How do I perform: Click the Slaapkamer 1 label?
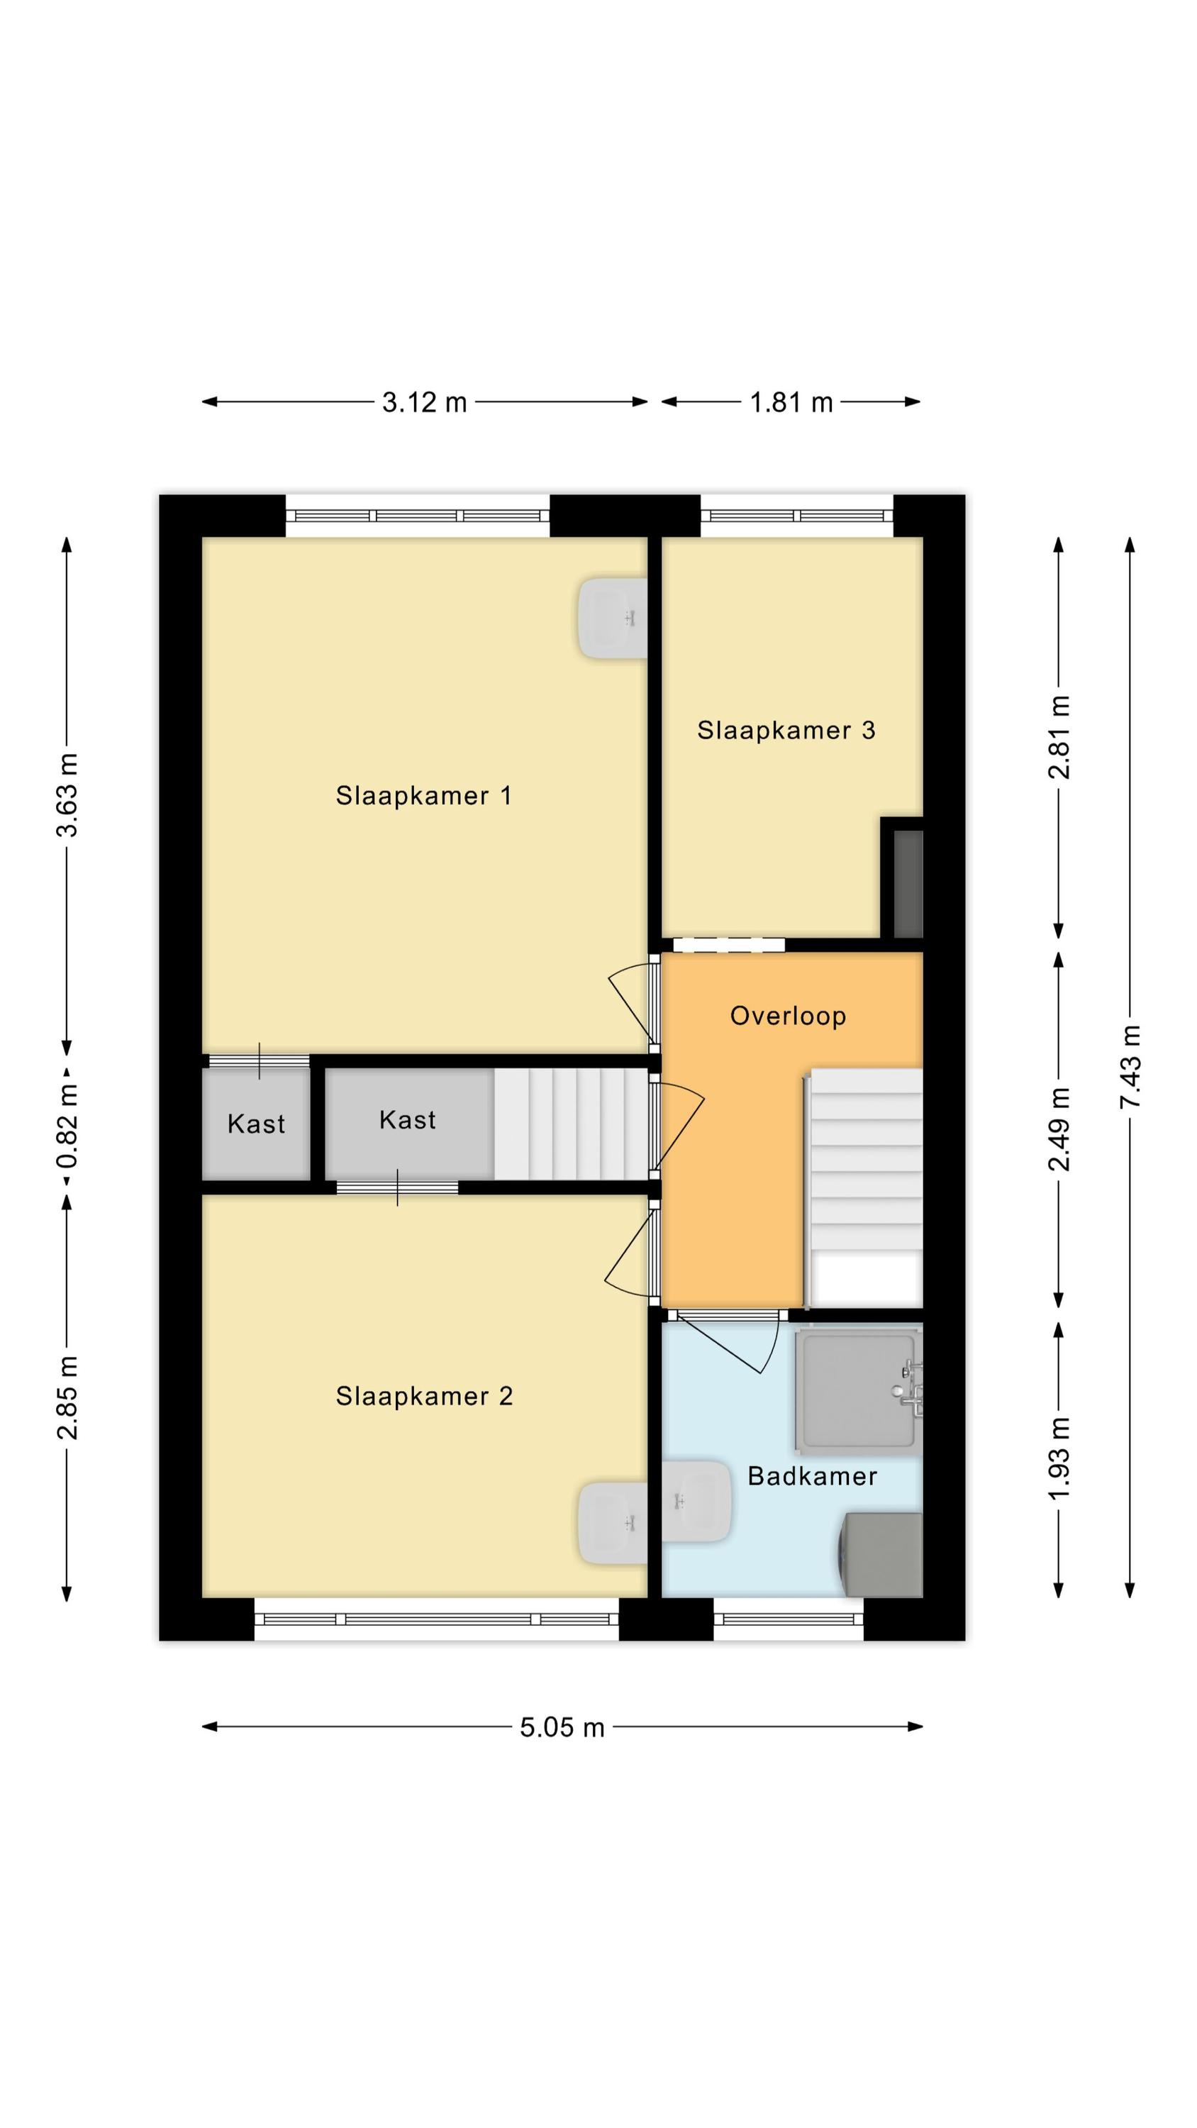[x=423, y=796]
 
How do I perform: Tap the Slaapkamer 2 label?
[x=424, y=1396]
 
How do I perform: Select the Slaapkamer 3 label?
[x=786, y=731]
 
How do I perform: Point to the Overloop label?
[x=788, y=1015]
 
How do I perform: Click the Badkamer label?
[x=812, y=1476]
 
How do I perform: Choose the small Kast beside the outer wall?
[x=256, y=1124]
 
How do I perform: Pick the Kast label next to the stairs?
[x=407, y=1119]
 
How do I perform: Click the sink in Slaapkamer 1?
[x=612, y=618]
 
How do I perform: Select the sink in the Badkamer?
[x=697, y=1501]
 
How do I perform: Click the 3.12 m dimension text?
[x=425, y=402]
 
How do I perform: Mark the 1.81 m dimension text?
[x=791, y=402]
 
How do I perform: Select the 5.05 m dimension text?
[x=562, y=1727]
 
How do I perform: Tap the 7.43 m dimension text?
[x=1130, y=1066]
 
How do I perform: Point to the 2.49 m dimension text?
[x=1059, y=1129]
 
